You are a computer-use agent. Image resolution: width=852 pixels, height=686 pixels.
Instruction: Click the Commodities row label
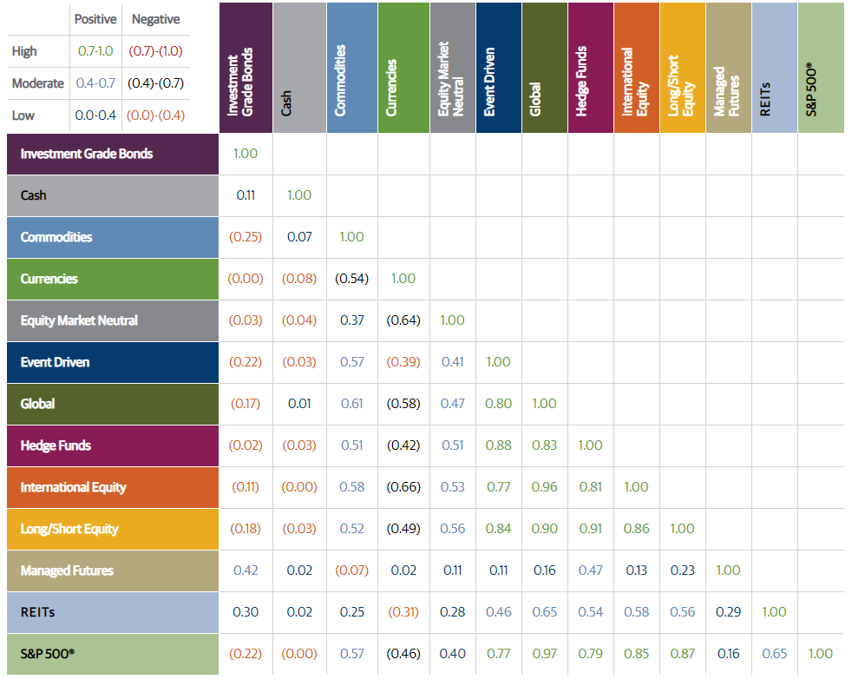[56, 237]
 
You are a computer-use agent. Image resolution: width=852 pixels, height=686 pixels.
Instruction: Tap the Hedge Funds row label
[56, 445]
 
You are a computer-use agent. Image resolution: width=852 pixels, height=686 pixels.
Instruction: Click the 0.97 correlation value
[544, 654]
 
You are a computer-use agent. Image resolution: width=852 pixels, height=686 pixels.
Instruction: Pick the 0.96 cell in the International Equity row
[544, 487]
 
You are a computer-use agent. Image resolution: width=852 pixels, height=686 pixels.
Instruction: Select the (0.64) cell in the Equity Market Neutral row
[403, 320]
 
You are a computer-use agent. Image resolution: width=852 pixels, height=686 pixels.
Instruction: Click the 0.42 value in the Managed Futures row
[246, 571]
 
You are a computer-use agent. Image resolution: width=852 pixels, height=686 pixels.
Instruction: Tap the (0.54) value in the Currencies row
[352, 279]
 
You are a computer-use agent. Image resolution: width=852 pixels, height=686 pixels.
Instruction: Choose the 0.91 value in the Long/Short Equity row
[590, 529]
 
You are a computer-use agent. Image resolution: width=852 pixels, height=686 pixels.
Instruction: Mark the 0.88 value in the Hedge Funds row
[498, 445]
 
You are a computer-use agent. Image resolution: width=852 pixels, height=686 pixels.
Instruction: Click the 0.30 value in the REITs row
[246, 612]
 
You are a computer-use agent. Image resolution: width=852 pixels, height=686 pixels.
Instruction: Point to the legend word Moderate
[38, 83]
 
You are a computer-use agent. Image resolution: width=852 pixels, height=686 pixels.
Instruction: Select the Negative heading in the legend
[155, 19]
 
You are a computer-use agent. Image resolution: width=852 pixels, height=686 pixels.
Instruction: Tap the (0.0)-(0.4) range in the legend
[155, 115]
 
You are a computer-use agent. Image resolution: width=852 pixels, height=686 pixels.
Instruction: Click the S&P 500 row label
[48, 654]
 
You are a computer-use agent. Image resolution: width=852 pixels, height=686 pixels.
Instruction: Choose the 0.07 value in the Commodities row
[299, 237]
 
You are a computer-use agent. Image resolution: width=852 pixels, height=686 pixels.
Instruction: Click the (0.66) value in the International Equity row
[403, 487]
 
